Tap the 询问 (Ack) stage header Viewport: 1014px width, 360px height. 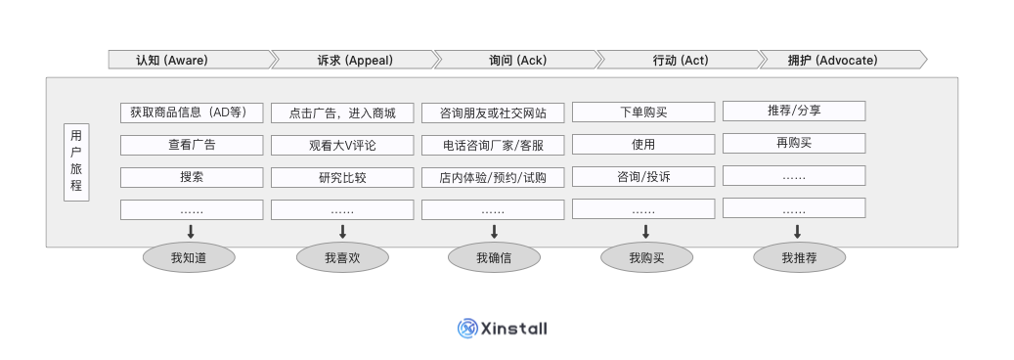[x=515, y=60]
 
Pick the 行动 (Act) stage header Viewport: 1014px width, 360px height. [x=679, y=60]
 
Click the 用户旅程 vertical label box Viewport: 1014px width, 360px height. [x=76, y=162]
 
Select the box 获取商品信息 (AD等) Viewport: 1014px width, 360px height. [x=192, y=112]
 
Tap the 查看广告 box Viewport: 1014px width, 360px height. [x=192, y=145]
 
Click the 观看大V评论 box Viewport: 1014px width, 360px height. [x=342, y=145]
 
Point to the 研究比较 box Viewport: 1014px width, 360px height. [x=342, y=177]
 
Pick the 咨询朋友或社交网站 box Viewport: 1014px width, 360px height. [x=493, y=112]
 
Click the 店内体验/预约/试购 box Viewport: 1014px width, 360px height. [x=493, y=177]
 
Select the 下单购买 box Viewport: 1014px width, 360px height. [x=643, y=112]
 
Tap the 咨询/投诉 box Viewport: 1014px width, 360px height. [x=643, y=176]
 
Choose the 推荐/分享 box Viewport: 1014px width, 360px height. [x=794, y=111]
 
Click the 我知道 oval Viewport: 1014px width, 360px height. [x=190, y=258]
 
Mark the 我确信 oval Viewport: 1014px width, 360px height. [x=494, y=258]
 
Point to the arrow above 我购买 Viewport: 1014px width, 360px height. [x=645, y=232]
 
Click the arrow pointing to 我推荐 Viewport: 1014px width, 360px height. [x=798, y=232]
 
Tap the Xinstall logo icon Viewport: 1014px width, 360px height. [x=466, y=329]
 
